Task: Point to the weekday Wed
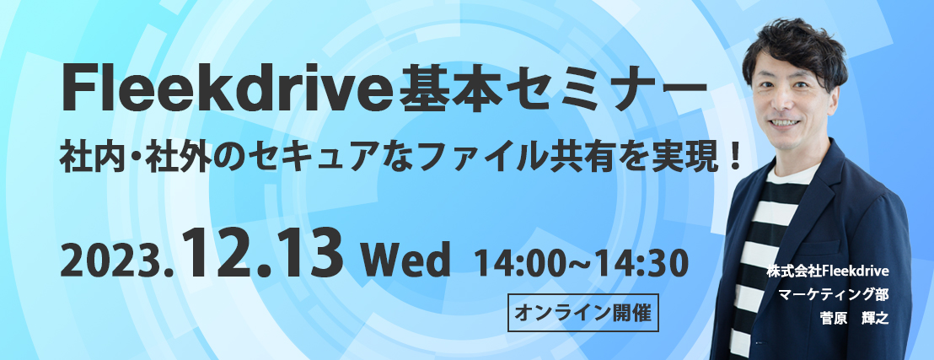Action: (x=405, y=261)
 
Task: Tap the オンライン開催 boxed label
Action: (x=582, y=312)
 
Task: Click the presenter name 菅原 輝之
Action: (x=854, y=318)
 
